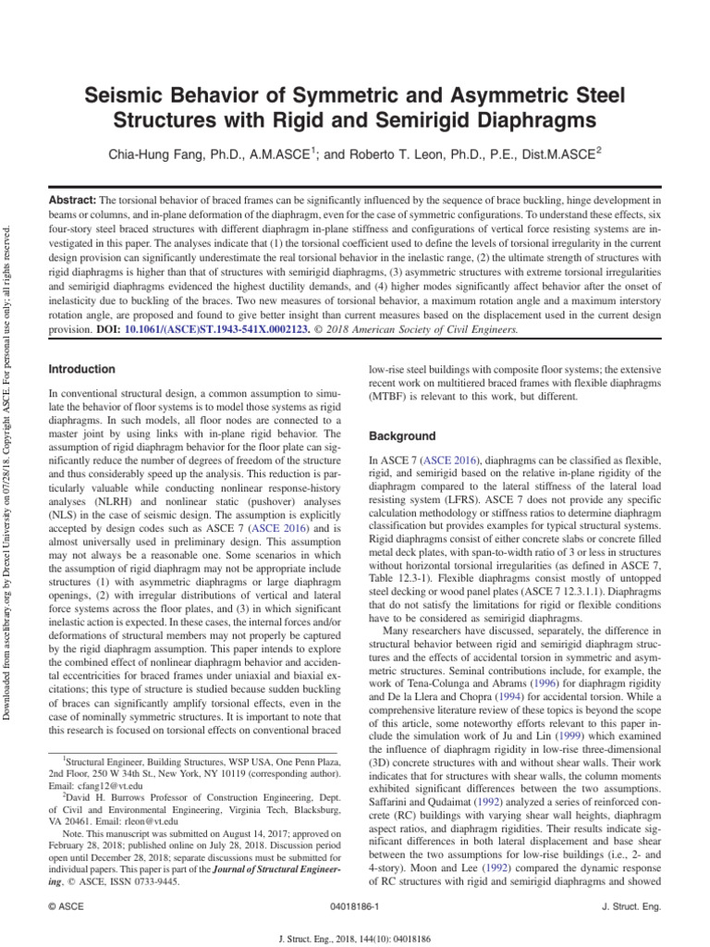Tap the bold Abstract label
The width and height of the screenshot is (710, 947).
tap(72, 200)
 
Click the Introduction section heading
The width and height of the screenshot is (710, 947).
tap(81, 369)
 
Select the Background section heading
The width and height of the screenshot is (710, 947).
tap(402, 436)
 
